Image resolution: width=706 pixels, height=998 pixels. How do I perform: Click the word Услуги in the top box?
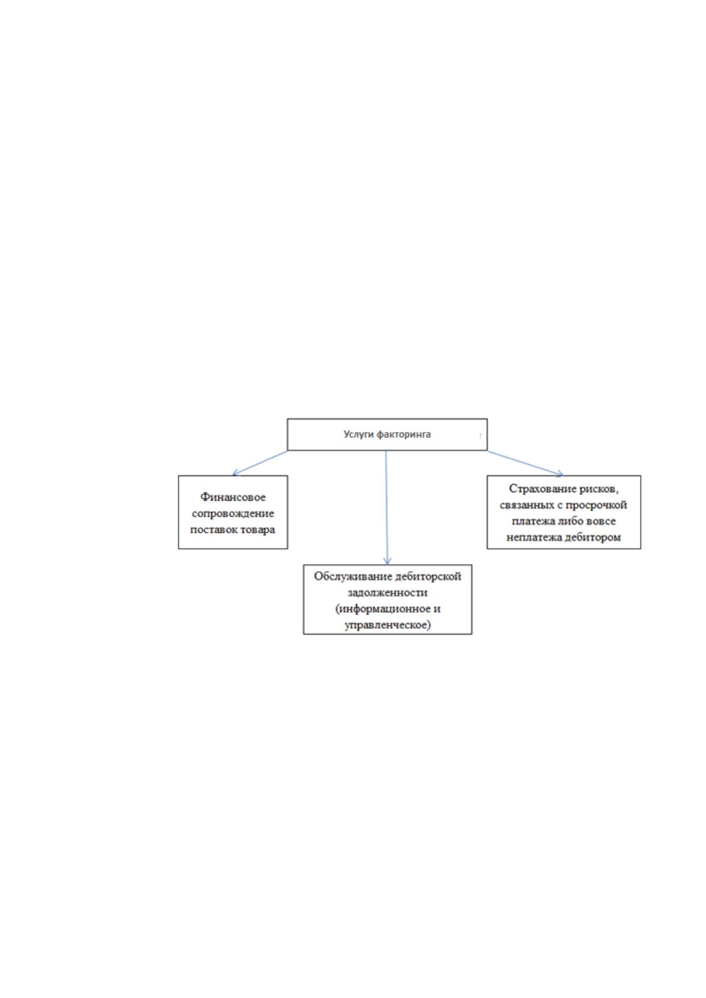click(x=359, y=434)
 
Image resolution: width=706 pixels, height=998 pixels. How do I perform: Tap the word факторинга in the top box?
click(x=403, y=434)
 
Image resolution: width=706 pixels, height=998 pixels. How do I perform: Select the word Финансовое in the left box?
click(x=232, y=497)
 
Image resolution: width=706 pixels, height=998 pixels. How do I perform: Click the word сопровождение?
click(x=232, y=513)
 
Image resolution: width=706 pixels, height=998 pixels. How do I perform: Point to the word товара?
click(x=258, y=530)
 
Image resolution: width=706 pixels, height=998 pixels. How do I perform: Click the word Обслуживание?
click(x=348, y=576)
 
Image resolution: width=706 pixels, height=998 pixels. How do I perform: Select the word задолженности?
click(x=387, y=593)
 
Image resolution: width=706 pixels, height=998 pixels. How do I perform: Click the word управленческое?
click(x=387, y=625)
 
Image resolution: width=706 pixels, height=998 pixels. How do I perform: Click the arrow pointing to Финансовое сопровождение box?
click(x=260, y=463)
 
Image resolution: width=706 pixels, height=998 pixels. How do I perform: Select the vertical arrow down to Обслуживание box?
click(x=387, y=507)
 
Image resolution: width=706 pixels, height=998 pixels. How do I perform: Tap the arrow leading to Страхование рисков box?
click(x=525, y=463)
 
